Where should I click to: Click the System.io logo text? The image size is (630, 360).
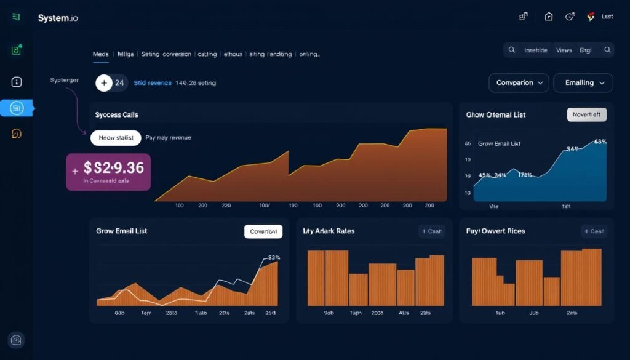click(x=58, y=18)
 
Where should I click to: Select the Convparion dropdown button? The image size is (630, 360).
click(x=519, y=82)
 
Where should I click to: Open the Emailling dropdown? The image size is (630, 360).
click(x=583, y=82)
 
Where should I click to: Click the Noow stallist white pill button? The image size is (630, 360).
click(x=116, y=138)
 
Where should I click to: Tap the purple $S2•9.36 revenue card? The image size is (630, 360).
click(x=108, y=172)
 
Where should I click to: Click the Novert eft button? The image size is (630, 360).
click(x=586, y=114)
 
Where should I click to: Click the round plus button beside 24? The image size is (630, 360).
click(x=104, y=82)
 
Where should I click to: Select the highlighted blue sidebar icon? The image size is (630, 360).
click(x=17, y=108)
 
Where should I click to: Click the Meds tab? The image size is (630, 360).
click(x=100, y=54)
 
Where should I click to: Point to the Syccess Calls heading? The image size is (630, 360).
click(x=116, y=115)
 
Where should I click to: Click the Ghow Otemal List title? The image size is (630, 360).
click(x=496, y=115)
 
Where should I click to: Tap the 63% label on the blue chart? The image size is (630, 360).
click(x=600, y=142)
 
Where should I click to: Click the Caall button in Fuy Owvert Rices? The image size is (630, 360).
click(x=594, y=231)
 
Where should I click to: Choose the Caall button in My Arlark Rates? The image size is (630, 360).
click(x=431, y=231)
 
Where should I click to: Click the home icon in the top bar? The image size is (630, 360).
click(x=549, y=17)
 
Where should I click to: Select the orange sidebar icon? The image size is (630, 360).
click(x=17, y=134)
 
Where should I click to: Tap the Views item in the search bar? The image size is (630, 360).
click(x=564, y=50)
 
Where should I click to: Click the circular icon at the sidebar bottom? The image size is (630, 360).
click(x=16, y=340)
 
